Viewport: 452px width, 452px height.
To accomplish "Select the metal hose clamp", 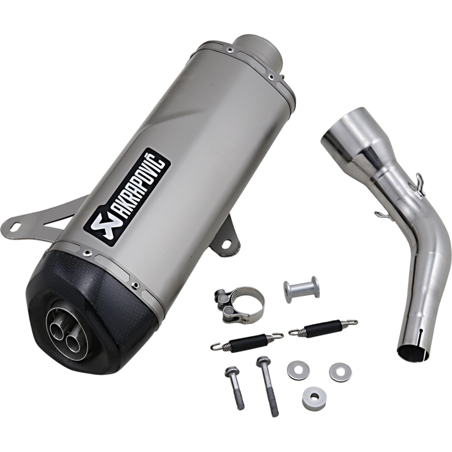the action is pyautogui.click(x=238, y=305).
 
